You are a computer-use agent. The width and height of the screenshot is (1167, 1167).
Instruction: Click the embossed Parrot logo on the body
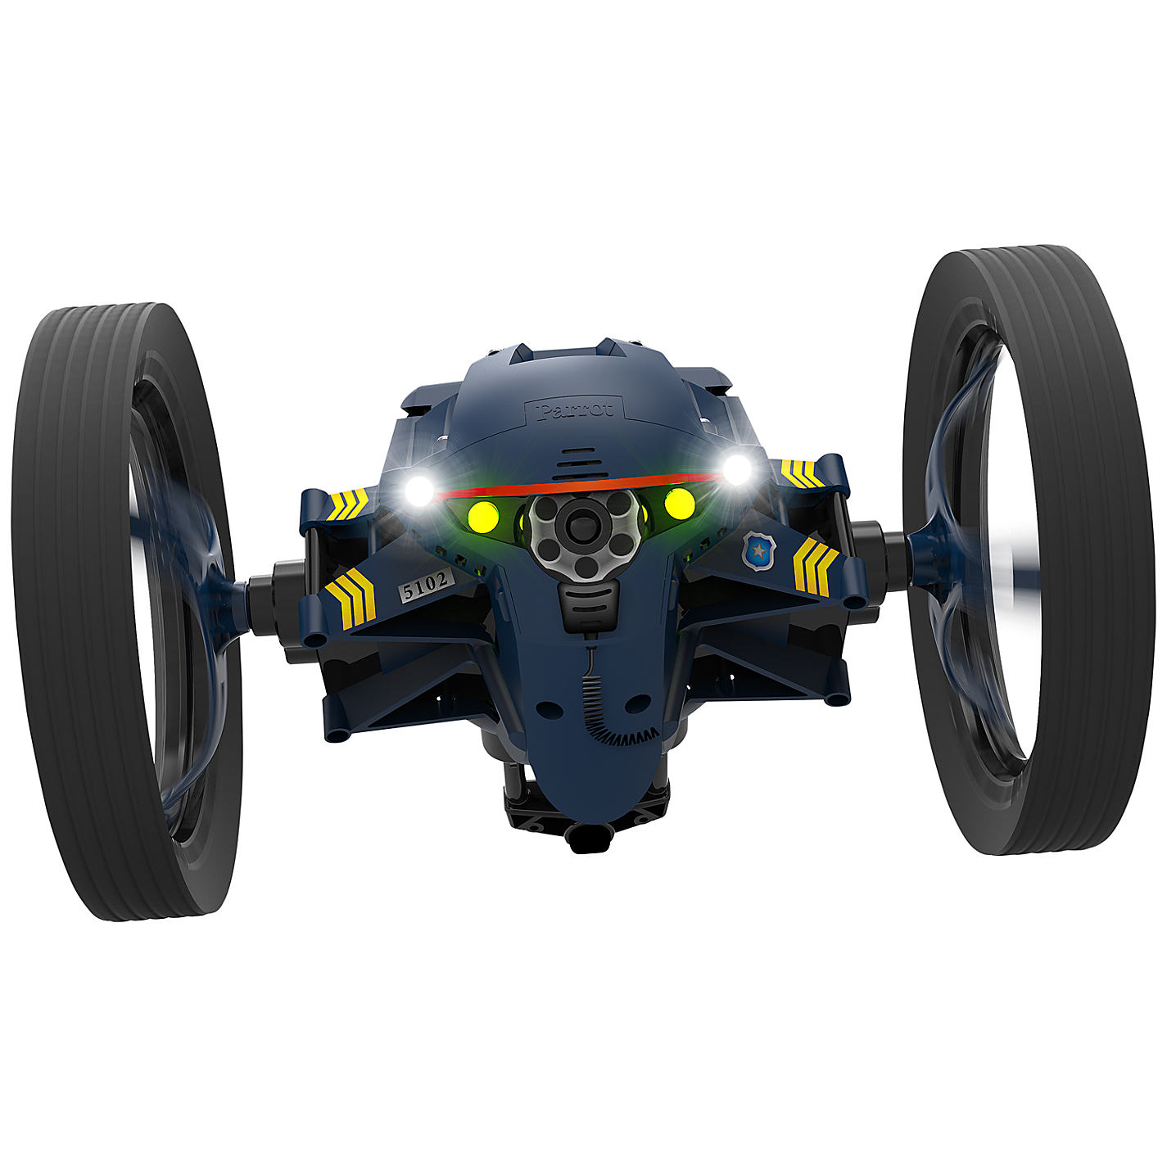coord(575,410)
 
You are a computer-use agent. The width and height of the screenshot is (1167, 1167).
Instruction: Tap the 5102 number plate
coord(426,585)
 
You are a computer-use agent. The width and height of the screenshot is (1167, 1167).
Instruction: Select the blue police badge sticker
coord(758,550)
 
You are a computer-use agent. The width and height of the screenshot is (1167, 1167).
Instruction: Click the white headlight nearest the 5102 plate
coord(419,491)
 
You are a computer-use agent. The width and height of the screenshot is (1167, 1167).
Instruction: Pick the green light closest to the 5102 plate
coord(482,517)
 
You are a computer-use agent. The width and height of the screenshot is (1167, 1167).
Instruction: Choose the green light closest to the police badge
coord(679,503)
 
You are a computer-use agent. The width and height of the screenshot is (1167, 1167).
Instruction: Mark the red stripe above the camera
coord(578,486)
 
